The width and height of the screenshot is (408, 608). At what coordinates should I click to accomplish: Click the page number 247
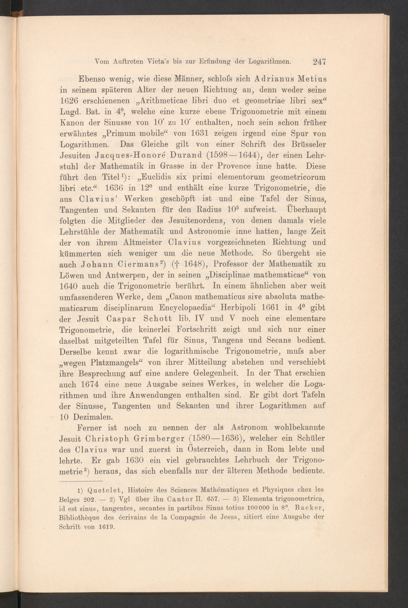(x=320, y=62)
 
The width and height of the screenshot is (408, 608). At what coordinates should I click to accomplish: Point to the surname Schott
(x=158, y=319)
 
